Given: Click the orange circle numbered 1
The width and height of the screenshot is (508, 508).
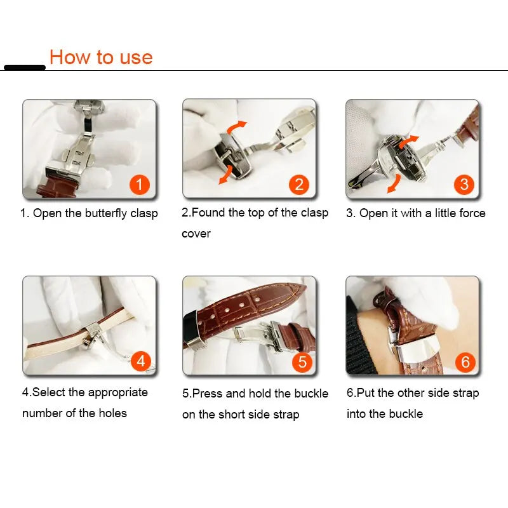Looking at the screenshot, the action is (x=139, y=185).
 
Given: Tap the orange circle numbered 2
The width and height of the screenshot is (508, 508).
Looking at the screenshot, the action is (x=298, y=185).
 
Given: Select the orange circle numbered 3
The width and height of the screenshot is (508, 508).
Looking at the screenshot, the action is (x=464, y=185).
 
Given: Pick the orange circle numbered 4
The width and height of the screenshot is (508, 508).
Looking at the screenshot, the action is (x=140, y=361).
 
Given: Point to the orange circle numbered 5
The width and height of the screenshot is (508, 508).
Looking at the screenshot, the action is (x=302, y=362).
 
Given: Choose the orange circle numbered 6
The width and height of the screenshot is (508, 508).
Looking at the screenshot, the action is (x=465, y=362).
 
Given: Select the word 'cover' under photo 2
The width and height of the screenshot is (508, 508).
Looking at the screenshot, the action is (x=196, y=234).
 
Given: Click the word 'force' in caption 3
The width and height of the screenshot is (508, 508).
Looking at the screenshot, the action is (x=472, y=213).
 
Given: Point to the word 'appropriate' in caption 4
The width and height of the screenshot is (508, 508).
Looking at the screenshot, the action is (x=118, y=393).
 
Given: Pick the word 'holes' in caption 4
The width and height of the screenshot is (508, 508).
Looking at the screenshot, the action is (x=113, y=413).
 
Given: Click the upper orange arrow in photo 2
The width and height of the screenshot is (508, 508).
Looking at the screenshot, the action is (x=236, y=126).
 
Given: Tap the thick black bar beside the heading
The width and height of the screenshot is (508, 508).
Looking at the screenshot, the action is (x=25, y=67).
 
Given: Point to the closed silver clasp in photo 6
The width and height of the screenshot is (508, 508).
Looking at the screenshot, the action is (x=416, y=347).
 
